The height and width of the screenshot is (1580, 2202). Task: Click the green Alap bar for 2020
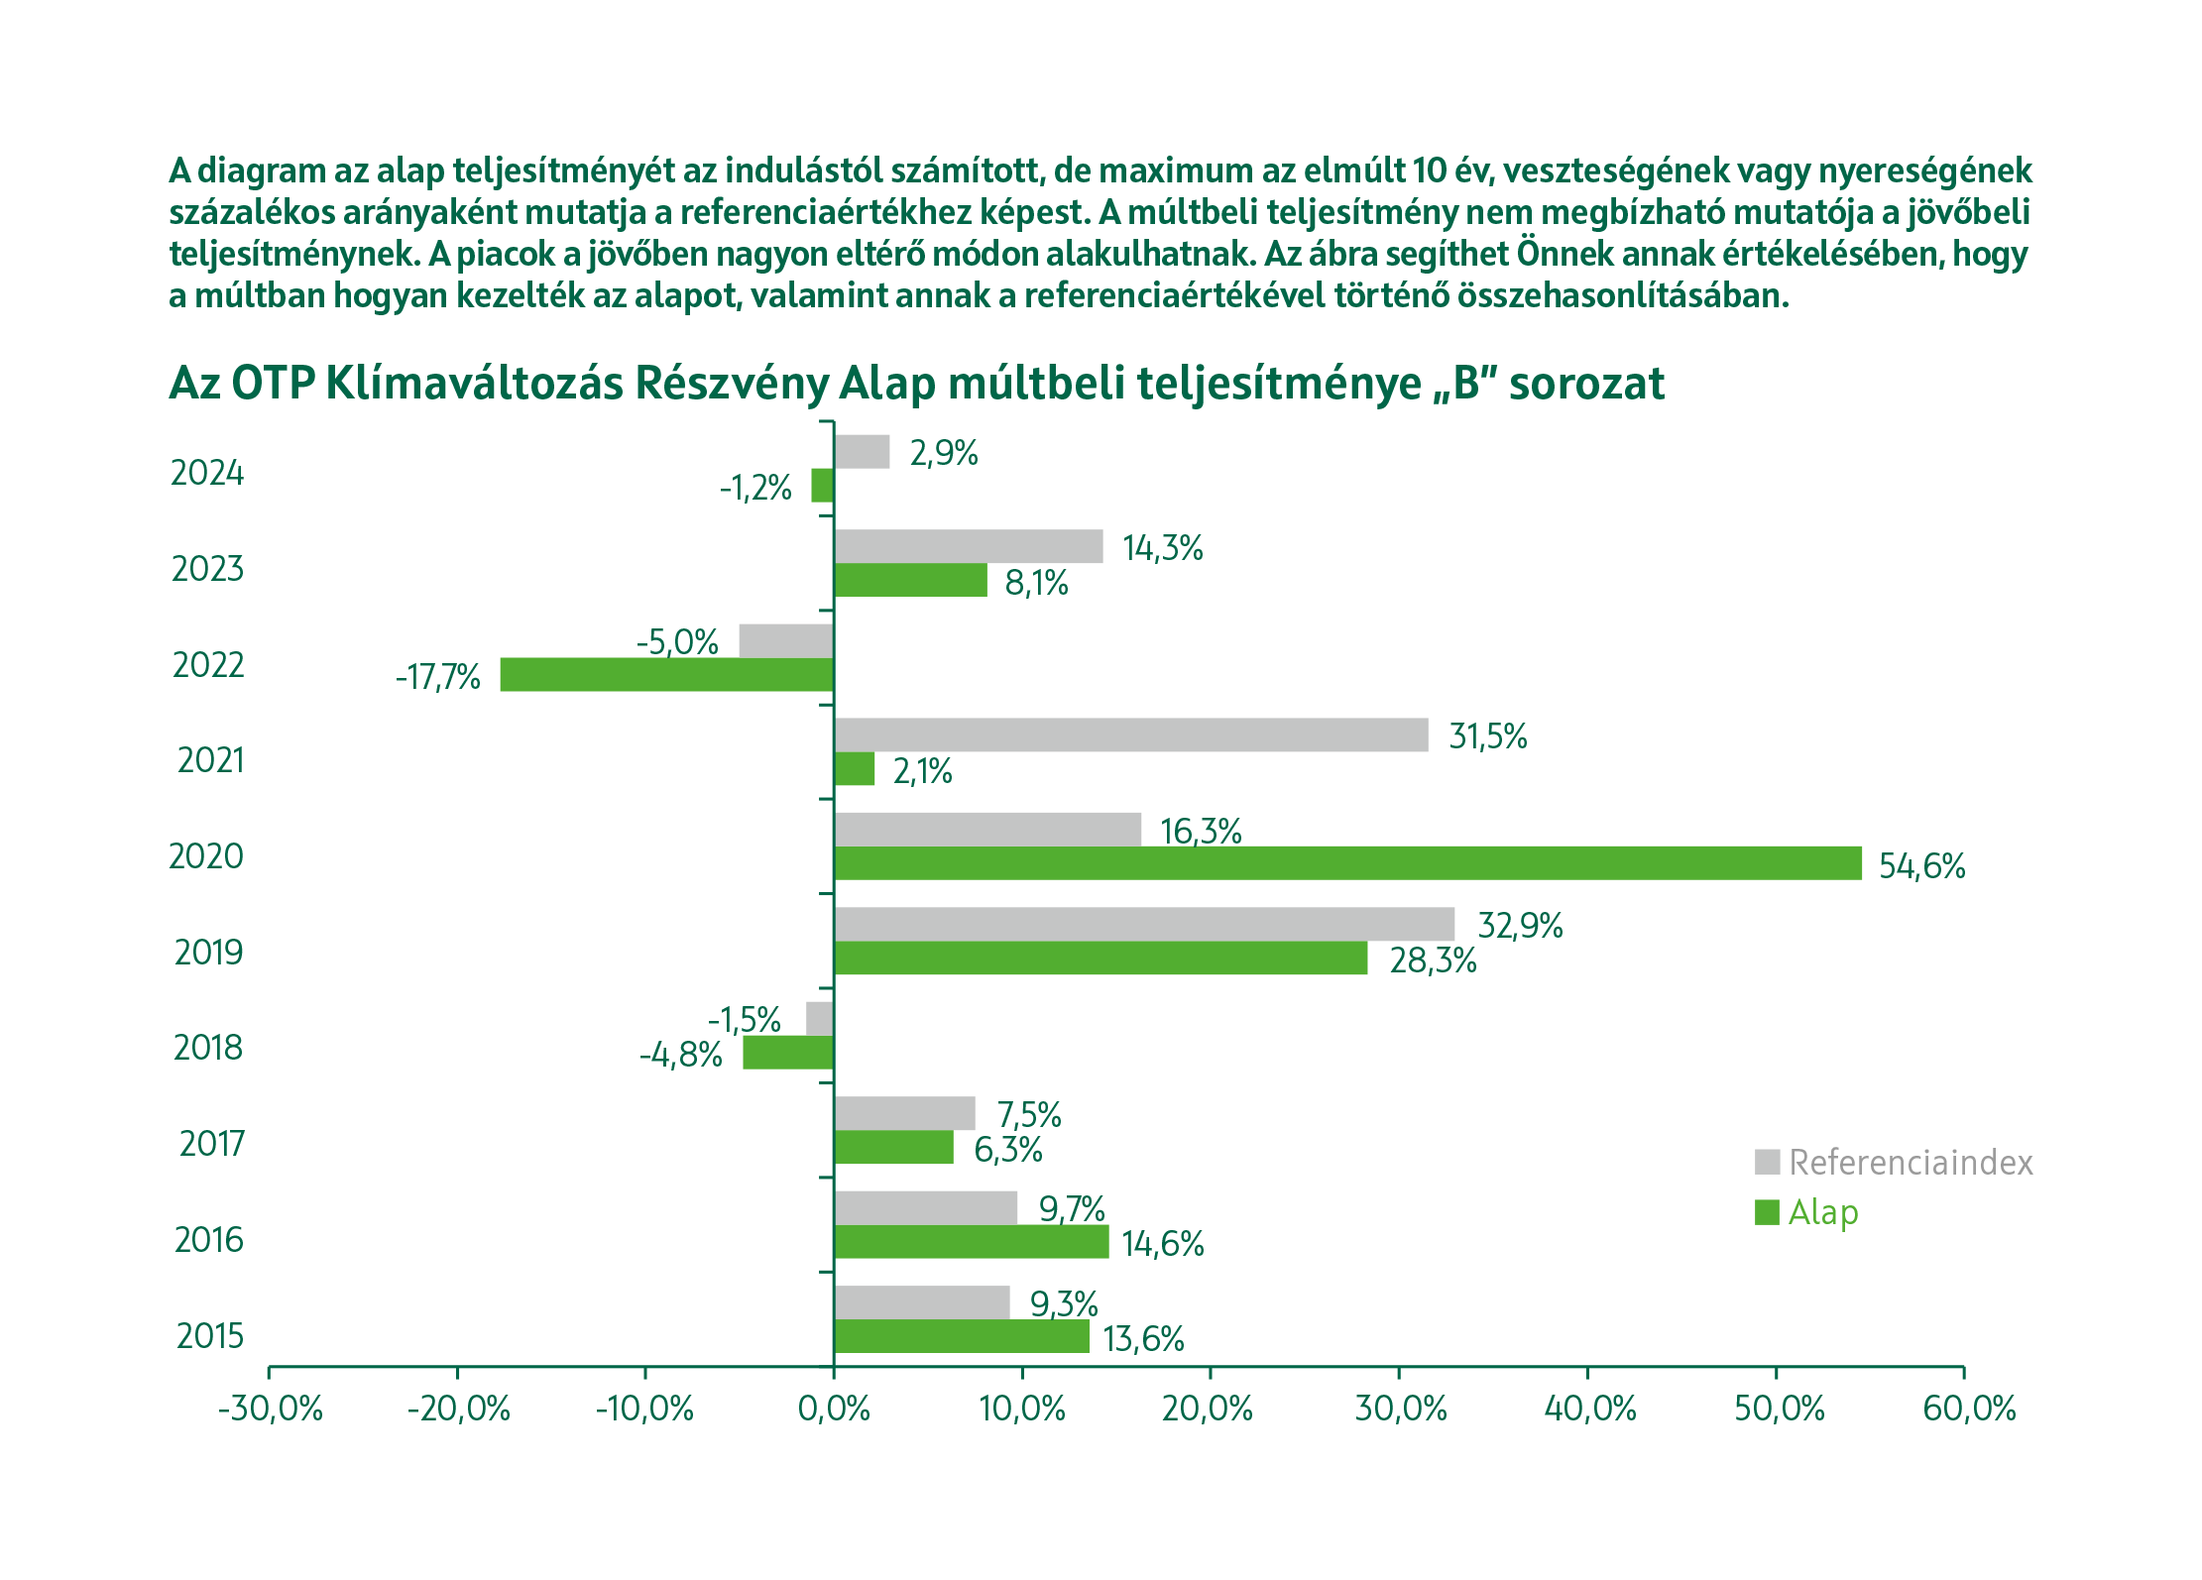click(1347, 863)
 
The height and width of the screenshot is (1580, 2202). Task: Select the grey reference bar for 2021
click(1130, 734)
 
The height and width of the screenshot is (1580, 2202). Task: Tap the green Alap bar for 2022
click(666, 675)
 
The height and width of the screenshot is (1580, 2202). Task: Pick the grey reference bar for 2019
click(1144, 924)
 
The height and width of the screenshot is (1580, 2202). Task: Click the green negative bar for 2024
click(822, 486)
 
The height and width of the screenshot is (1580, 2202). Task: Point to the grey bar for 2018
click(819, 1019)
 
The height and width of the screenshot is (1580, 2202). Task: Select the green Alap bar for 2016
click(971, 1242)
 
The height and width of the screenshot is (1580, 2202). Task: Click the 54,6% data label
click(1921, 866)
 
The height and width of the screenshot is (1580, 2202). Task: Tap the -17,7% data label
click(437, 677)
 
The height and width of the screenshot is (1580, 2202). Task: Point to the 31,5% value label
click(1487, 736)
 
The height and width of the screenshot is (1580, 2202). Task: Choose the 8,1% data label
click(1036, 583)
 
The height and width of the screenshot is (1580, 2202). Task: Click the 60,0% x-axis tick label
click(1969, 1409)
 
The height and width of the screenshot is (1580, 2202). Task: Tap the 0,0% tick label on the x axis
click(834, 1409)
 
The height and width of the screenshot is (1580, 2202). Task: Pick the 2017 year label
click(211, 1144)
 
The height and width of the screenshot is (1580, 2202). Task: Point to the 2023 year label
click(207, 569)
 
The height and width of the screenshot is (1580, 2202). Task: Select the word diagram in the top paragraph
click(262, 170)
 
